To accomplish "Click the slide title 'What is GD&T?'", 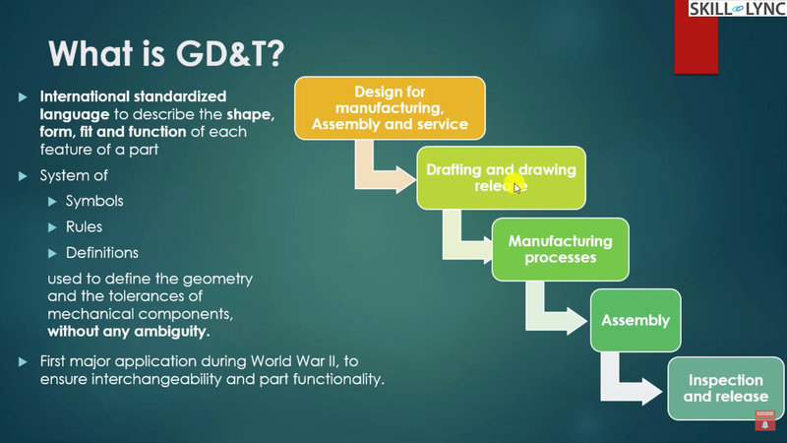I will [162, 53].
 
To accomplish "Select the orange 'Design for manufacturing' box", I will [390, 108].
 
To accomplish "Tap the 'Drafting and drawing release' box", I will [501, 177].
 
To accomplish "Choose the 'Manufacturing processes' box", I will [560, 249].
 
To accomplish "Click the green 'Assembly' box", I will [636, 320].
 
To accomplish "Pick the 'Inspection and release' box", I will [726, 388].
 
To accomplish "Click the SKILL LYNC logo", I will [738, 9].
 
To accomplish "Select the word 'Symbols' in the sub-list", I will [94, 201].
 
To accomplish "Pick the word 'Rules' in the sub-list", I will [87, 226].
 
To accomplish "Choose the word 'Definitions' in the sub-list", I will [101, 253].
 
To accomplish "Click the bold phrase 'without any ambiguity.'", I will [129, 331].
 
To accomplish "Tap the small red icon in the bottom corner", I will [764, 419].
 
